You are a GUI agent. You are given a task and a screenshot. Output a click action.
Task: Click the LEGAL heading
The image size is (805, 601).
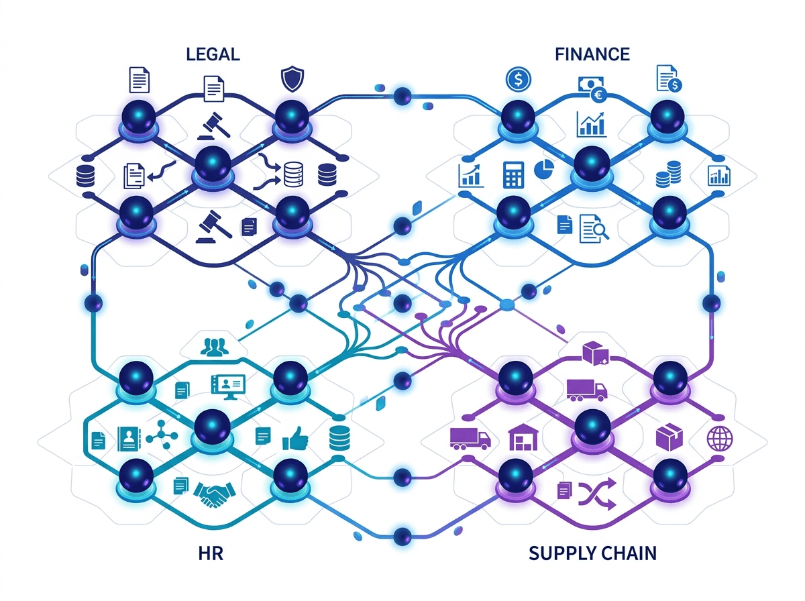tap(213, 54)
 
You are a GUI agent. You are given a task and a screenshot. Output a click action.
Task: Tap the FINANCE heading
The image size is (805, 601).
tap(592, 54)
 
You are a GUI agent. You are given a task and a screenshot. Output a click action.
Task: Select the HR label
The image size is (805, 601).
tap(211, 553)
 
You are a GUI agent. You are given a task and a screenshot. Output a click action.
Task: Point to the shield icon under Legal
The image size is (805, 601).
tap(292, 78)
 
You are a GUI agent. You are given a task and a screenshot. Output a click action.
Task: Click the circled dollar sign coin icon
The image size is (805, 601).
tap(518, 79)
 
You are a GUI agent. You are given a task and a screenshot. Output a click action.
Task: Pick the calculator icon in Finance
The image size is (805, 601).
tap(513, 174)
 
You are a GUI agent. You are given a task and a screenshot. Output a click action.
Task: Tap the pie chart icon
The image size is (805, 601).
tap(544, 168)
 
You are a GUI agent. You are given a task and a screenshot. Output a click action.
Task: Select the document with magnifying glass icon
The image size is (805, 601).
tap(594, 229)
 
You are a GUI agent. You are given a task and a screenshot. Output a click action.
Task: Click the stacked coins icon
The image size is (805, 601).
tap(668, 174)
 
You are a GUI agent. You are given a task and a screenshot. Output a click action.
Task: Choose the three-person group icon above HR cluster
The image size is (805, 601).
tap(215, 347)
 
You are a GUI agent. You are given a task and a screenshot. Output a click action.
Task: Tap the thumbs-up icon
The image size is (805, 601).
tap(295, 438)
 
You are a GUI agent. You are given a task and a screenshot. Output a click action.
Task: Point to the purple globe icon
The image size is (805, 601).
tap(720, 439)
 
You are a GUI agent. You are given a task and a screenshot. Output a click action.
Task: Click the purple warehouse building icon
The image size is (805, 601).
tap(523, 437)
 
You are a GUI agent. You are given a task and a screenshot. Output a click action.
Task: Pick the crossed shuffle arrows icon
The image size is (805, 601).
tap(597, 494)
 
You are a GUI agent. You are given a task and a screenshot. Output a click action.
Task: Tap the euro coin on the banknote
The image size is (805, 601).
tap(598, 96)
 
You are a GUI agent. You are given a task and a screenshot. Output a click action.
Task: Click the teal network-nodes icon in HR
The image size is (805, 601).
tap(162, 435)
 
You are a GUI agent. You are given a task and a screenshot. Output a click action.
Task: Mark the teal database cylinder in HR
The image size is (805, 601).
tap(339, 438)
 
